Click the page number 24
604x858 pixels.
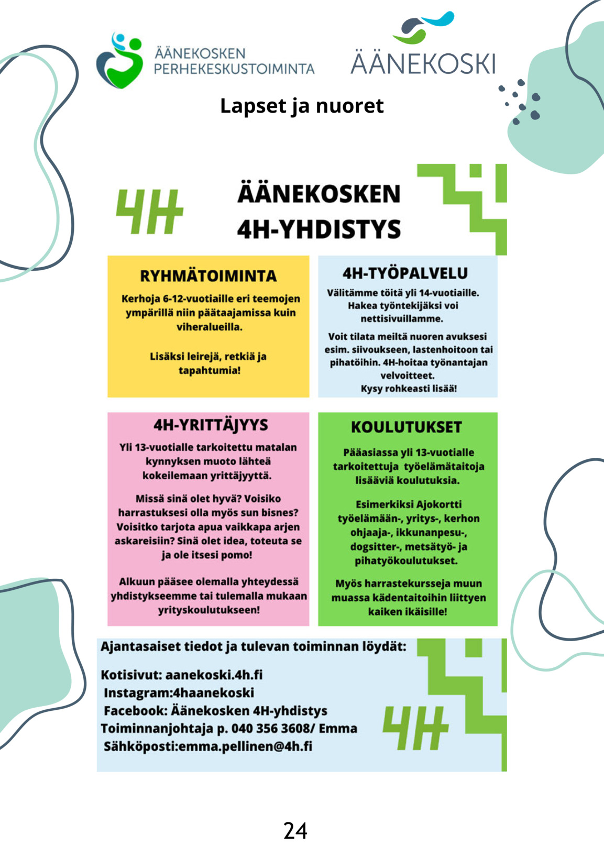[295, 831]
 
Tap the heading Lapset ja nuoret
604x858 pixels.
[302, 106]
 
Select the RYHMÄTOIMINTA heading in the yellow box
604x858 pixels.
[208, 276]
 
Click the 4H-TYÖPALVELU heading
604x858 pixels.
[405, 273]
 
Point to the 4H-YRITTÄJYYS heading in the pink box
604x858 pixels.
[211, 425]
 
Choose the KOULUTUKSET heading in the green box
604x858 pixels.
[407, 427]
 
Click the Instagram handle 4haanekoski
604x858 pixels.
[213, 692]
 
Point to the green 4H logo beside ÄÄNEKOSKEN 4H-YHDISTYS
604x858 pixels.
[149, 211]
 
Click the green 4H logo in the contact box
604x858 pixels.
[415, 727]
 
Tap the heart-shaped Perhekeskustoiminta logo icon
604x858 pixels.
[120, 60]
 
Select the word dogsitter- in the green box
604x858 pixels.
[371, 546]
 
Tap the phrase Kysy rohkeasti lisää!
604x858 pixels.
[409, 389]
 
